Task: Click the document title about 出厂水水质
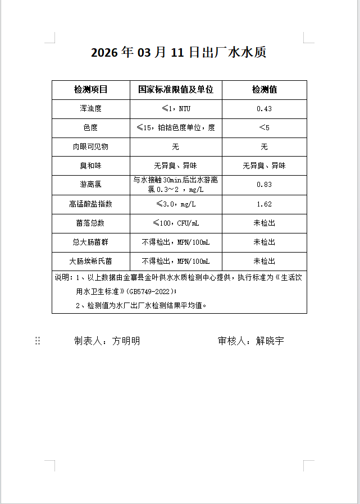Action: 178,53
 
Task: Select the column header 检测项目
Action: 90,90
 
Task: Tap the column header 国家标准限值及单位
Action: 176,90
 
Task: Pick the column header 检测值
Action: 264,90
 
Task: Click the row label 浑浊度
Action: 90,109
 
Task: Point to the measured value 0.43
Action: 264,109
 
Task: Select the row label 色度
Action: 90,128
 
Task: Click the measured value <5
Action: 264,128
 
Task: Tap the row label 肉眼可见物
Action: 90,147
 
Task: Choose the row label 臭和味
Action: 90,166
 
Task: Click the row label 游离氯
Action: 90,185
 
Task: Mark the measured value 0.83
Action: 264,185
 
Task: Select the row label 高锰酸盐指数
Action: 90,204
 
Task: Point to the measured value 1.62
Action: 264,204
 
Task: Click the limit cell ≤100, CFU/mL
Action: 176,223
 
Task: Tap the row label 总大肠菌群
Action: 90,242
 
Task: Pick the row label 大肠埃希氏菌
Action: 90,262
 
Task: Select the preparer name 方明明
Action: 126,341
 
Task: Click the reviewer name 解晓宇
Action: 270,341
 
